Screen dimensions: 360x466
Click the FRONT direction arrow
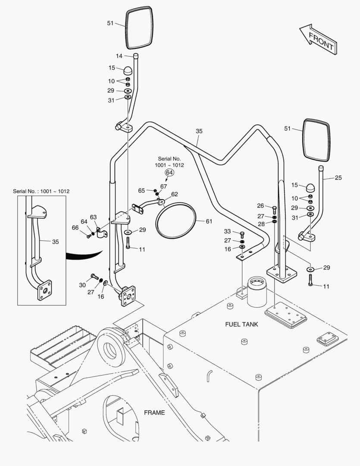pyautogui.click(x=318, y=40)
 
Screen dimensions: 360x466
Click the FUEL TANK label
pyautogui.click(x=241, y=324)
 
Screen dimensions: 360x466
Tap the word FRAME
pyautogui.click(x=154, y=412)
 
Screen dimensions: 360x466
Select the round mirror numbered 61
pyautogui.click(x=175, y=220)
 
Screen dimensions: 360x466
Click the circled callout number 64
pyautogui.click(x=169, y=172)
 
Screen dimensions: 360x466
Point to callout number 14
pyautogui.click(x=119, y=56)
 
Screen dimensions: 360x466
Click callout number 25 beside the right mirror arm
pyautogui.click(x=338, y=178)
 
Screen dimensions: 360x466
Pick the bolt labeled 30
pyautogui.click(x=95, y=277)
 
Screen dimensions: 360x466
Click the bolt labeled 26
pyautogui.click(x=275, y=210)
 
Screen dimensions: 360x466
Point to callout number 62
pyautogui.click(x=175, y=194)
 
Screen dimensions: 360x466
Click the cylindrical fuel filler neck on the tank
pyautogui.click(x=257, y=292)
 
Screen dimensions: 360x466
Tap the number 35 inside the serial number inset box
pyautogui.click(x=56, y=242)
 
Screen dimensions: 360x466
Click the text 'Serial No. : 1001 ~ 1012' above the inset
pyautogui.click(x=41, y=192)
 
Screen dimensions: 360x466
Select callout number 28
pyautogui.click(x=261, y=224)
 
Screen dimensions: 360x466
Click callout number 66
pyautogui.click(x=75, y=228)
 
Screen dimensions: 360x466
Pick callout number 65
pyautogui.click(x=142, y=191)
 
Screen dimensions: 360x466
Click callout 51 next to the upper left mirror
pyautogui.click(x=110, y=23)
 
